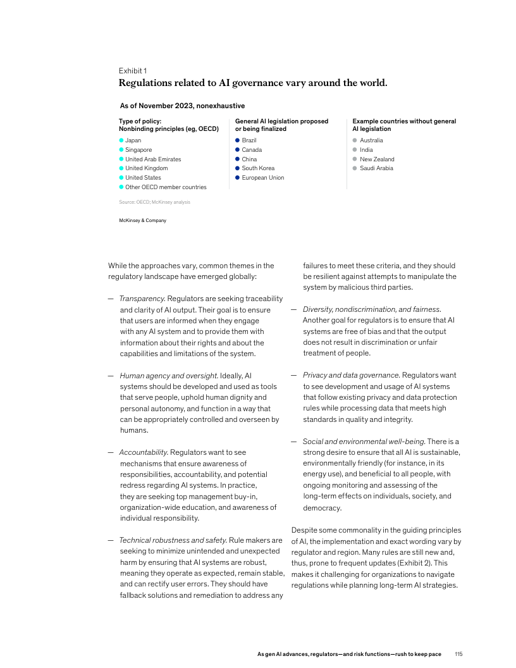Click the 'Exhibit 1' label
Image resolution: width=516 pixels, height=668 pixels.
133,71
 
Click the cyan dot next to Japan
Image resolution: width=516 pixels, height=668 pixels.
121,140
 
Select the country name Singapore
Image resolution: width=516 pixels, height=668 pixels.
139,150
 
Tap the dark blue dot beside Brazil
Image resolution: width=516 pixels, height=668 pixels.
237,140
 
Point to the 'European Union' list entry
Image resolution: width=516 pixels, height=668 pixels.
263,178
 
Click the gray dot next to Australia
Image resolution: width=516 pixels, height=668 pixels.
355,140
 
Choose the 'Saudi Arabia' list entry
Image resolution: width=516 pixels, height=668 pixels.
376,168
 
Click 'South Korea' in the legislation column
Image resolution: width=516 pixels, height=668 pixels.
259,168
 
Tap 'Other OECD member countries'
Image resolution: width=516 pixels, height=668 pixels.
166,187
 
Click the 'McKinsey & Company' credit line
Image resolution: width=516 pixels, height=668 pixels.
142,220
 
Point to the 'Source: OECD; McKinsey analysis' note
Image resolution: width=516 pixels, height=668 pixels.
154,202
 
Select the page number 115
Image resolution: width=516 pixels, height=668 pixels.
458,653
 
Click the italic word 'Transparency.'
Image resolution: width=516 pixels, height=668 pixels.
142,299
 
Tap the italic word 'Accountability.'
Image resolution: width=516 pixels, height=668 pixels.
143,452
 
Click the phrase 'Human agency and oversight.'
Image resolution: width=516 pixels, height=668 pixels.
169,376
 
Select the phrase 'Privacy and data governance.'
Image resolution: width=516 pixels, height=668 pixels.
351,375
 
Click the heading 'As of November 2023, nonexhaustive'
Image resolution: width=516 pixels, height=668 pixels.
182,106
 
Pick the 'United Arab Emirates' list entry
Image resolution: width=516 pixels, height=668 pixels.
153,159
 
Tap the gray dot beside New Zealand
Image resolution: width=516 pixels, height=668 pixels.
355,159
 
